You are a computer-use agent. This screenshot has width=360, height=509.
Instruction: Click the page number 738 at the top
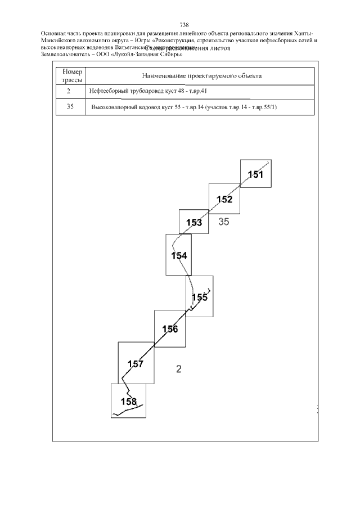coord(184,25)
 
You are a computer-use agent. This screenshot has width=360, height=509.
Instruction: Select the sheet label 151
coord(255,175)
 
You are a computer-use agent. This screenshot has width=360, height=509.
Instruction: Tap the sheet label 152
coord(224,199)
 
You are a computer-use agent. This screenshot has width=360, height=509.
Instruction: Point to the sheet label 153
coord(194,223)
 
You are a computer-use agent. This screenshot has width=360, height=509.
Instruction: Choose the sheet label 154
coord(179,255)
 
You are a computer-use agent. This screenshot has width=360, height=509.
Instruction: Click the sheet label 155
coord(200,298)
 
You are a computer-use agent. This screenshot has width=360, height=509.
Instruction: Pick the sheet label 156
coord(170,329)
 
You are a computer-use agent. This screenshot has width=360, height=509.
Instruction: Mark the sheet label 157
coord(136,364)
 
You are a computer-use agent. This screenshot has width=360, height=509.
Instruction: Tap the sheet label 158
coord(129,401)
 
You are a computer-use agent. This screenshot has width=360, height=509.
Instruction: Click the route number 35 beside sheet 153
coord(224,222)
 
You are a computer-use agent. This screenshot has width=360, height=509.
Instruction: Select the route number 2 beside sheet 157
coord(179,370)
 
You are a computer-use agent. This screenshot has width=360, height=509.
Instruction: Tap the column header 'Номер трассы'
coord(71,76)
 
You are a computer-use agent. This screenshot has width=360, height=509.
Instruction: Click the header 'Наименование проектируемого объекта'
coord(200,76)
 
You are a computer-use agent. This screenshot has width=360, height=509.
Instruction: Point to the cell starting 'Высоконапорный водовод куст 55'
coord(183,106)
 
